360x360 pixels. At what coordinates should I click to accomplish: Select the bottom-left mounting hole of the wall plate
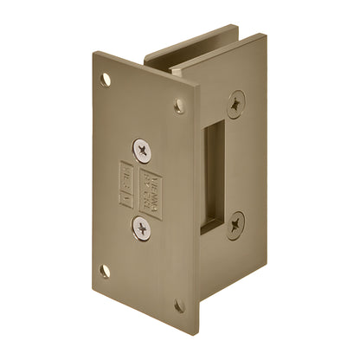tap(105, 271)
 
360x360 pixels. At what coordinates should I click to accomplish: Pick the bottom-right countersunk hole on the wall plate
tap(179, 305)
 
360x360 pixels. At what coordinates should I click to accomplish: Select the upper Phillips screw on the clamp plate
tap(238, 105)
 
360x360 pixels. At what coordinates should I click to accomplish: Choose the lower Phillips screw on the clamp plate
tap(238, 224)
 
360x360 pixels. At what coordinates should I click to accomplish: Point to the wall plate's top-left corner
tap(96, 54)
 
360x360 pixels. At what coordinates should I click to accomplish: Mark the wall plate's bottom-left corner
tap(93, 281)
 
